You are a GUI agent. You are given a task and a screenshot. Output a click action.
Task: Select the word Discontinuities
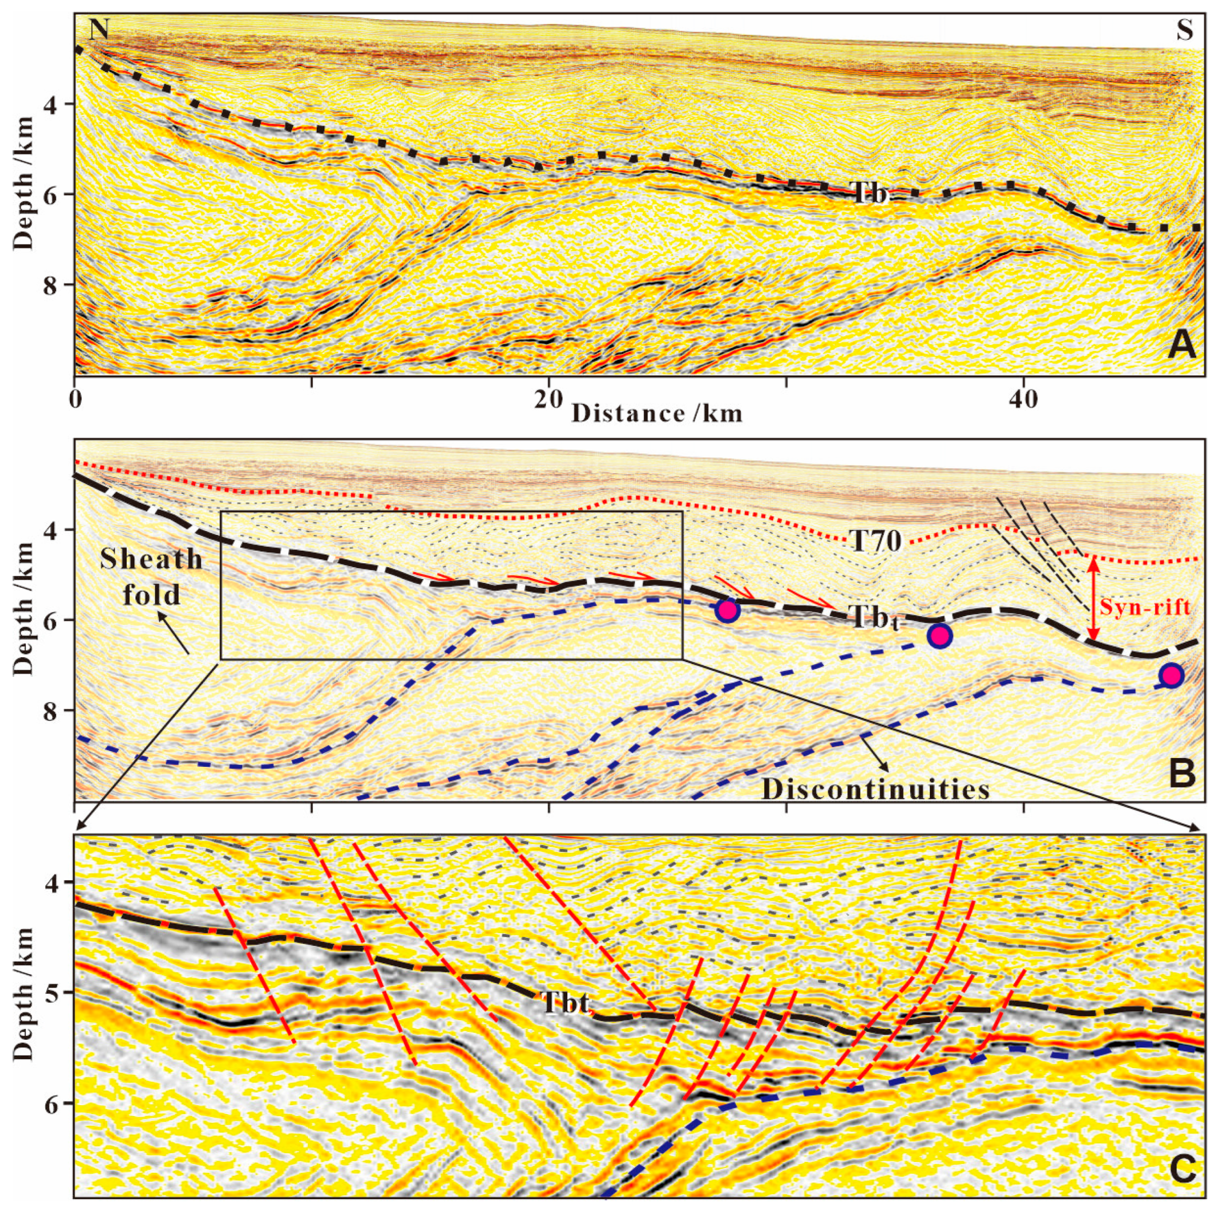tap(876, 789)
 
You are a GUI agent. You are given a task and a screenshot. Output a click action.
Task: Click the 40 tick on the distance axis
tap(1023, 402)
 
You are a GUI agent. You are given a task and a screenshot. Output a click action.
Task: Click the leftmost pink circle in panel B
tap(727, 611)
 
